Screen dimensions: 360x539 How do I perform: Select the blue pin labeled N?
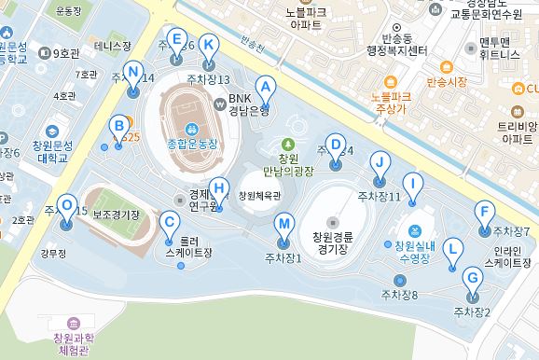pos(132,73)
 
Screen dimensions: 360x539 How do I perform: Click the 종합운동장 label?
pos(191,144)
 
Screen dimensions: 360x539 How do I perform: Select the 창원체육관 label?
pos(259,196)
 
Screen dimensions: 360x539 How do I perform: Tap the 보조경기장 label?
pos(117,215)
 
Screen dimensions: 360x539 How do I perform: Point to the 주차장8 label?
pos(399,295)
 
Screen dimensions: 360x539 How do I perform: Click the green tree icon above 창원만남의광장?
pos(287,144)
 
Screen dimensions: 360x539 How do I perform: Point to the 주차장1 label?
pos(283,257)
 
